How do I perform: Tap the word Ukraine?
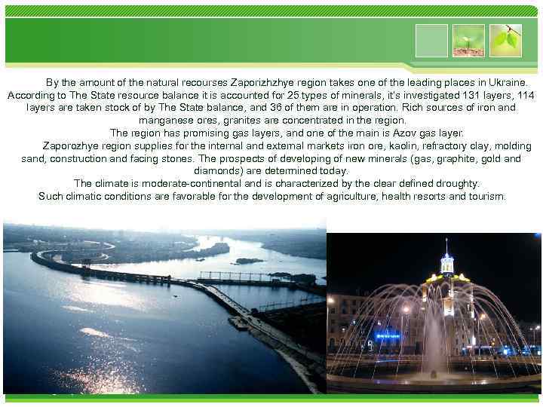click(x=506, y=82)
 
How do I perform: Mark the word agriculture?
click(x=357, y=197)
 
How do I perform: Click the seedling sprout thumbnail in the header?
click(x=469, y=40)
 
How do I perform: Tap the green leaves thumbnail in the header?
click(x=506, y=40)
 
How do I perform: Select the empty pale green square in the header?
click(x=431, y=40)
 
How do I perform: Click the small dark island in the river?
click(x=250, y=261)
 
